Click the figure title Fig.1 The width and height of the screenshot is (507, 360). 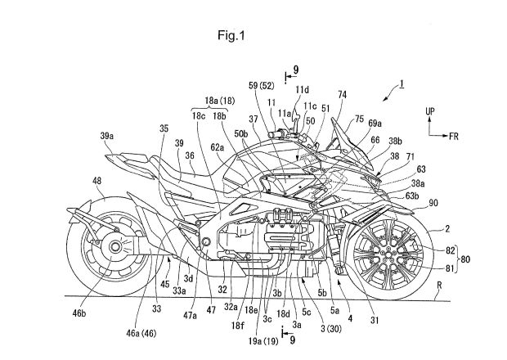231,35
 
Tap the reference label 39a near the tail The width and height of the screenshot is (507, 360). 107,136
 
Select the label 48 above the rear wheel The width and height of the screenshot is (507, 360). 96,181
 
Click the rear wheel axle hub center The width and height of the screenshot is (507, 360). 114,247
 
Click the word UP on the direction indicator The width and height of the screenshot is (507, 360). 430,111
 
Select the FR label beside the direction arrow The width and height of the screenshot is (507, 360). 454,136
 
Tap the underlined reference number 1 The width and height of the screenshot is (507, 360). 402,84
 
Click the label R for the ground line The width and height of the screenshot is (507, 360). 439,286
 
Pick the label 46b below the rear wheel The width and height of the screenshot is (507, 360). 79,313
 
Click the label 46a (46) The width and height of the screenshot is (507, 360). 141,333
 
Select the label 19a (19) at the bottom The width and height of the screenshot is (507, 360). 263,340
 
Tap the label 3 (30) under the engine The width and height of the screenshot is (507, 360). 331,329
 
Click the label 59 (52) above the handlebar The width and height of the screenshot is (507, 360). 261,86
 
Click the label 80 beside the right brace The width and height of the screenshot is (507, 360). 465,259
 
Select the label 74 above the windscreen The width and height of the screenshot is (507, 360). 342,95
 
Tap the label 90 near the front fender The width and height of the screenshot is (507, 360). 433,203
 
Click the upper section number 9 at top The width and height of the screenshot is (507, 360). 296,70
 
